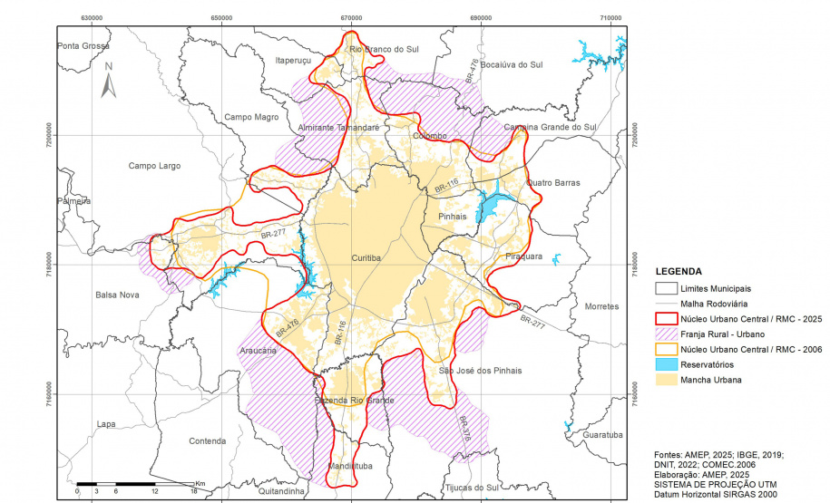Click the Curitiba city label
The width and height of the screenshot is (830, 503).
(x=367, y=258)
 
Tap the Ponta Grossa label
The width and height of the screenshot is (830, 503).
(x=83, y=46)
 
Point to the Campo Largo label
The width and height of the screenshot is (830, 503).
(x=154, y=166)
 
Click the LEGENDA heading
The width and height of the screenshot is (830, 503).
(x=678, y=271)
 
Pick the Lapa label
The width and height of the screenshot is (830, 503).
(x=107, y=424)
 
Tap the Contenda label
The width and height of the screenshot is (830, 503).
(x=207, y=441)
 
